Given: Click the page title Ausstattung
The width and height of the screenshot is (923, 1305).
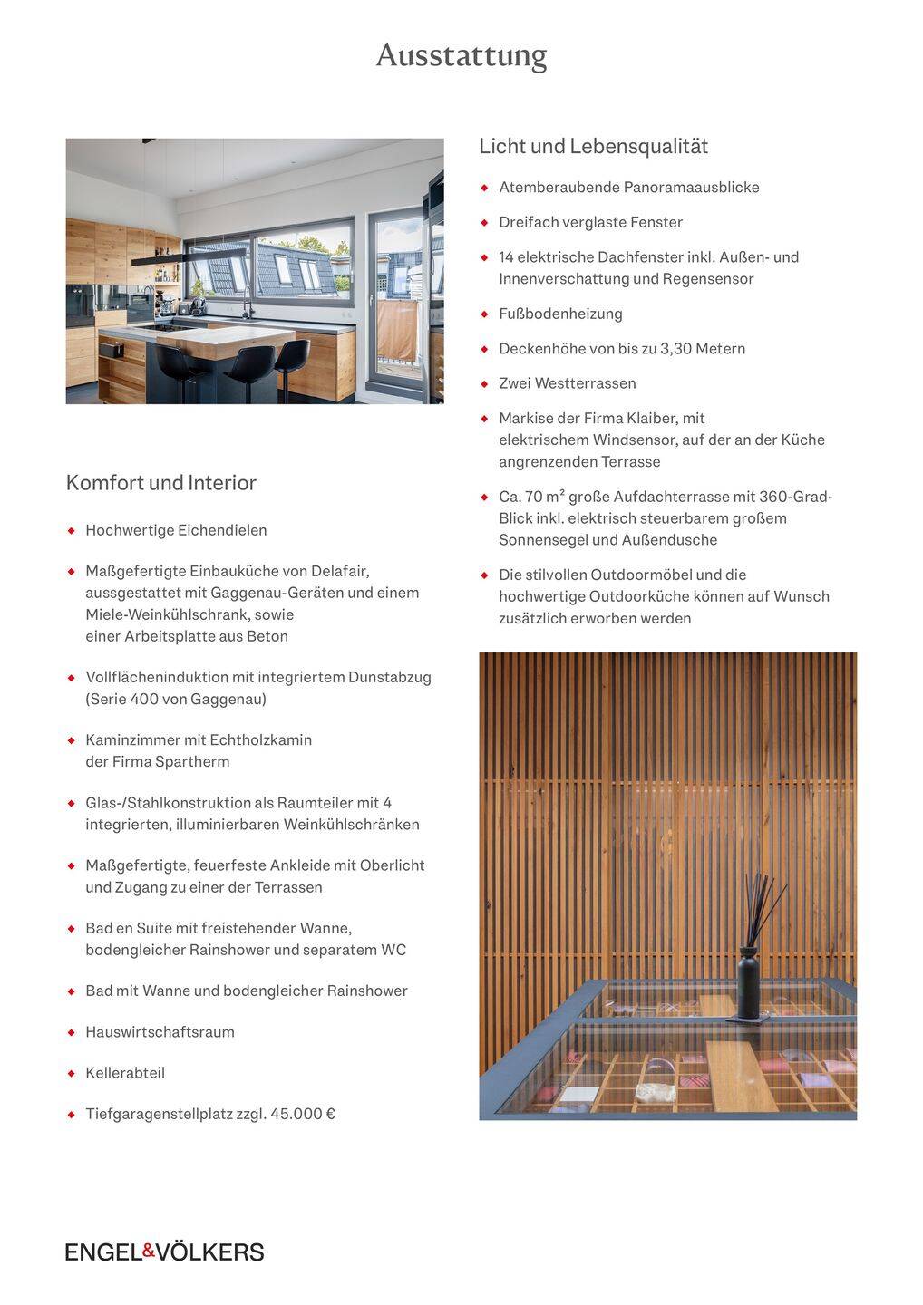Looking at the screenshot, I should tap(461, 56).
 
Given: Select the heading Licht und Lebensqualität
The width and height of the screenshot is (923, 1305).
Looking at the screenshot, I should tap(593, 146).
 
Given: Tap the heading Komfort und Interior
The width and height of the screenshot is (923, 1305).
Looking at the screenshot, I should tap(160, 482).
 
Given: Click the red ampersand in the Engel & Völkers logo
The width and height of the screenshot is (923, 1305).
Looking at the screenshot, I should tap(150, 1251).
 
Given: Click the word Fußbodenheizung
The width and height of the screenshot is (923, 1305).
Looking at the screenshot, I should tap(560, 314).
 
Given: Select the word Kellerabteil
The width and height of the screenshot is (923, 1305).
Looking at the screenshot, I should tap(125, 1073).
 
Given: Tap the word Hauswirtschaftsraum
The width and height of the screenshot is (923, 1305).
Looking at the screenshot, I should tap(160, 1032).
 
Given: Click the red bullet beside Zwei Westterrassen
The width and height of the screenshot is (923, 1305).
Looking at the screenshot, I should tap(485, 383).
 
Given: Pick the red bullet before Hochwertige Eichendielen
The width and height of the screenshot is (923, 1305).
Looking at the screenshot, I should tap(72, 530).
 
